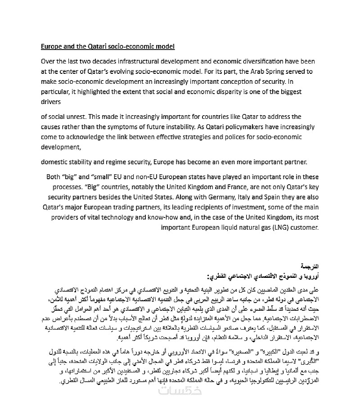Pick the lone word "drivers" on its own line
coord(50,102)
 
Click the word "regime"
coord(125,162)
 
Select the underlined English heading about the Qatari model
coord(108,46)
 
